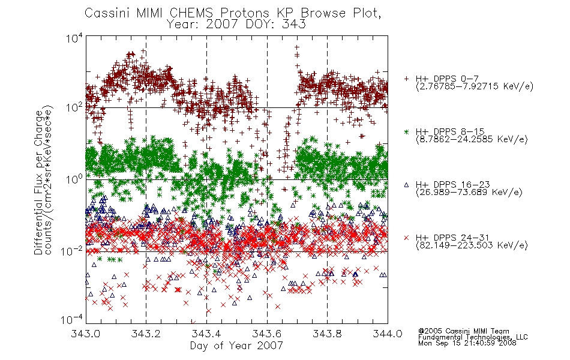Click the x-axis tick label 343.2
pyautogui.click(x=146, y=334)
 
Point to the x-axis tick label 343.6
pyautogui.click(x=266, y=334)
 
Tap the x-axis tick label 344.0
pyautogui.click(x=388, y=334)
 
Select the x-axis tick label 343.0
pyautogui.click(x=85, y=334)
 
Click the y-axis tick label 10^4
pyautogui.click(x=74, y=38)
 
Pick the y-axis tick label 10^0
pyautogui.click(x=74, y=179)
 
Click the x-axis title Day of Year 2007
pyautogui.click(x=236, y=346)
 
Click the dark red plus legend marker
pyautogui.click(x=406, y=79)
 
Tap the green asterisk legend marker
pyautogui.click(x=406, y=132)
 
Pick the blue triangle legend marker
pyautogui.click(x=406, y=185)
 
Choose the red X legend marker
pyautogui.click(x=406, y=238)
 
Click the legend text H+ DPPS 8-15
pyautogui.click(x=450, y=131)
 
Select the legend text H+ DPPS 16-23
pyautogui.click(x=453, y=184)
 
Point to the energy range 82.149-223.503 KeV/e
pyautogui.click(x=472, y=245)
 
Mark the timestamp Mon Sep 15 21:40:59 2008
pyautogui.click(x=467, y=343)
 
